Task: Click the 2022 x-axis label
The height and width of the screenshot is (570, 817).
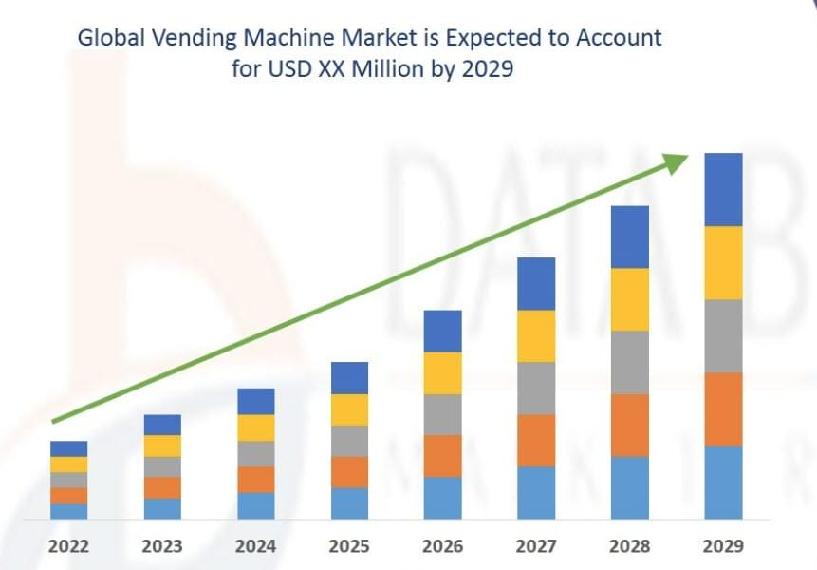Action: point(68,546)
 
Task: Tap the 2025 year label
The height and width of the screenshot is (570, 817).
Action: point(349,546)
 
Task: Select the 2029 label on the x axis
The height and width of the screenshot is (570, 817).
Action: point(723,546)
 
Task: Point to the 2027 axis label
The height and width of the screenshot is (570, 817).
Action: point(536,546)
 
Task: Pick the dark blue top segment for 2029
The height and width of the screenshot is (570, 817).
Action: point(723,189)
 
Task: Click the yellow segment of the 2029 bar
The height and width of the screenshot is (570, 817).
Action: point(723,262)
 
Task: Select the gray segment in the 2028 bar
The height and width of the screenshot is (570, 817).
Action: point(629,362)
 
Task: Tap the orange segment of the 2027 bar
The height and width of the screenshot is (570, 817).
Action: point(536,440)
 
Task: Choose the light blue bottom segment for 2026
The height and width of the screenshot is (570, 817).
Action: point(442,498)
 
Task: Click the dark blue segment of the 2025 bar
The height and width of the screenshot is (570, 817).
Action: point(349,378)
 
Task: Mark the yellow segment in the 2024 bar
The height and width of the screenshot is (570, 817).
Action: point(255,427)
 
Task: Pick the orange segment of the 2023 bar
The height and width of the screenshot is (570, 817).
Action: point(162,487)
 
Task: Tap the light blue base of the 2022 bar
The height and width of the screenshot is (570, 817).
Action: point(68,511)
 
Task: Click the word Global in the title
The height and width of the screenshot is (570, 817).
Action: point(107,39)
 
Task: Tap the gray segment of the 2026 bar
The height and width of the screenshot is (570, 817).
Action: point(442,414)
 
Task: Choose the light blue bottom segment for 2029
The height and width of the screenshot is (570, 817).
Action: point(723,482)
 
